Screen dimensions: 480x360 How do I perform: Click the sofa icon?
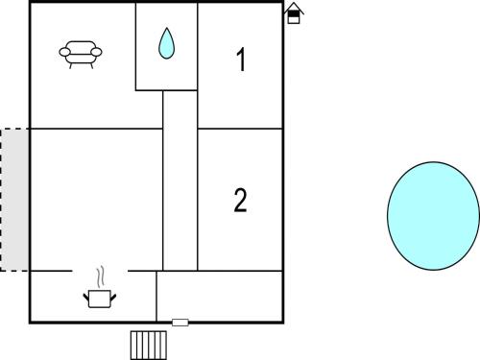coord(81,54)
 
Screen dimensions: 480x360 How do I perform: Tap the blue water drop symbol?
coord(166,43)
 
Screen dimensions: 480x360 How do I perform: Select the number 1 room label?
coord(241,60)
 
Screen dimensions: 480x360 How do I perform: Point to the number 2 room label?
coord(240,200)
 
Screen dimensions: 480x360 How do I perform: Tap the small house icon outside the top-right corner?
coord(294,13)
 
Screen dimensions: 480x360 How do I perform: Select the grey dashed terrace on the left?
coord(14,199)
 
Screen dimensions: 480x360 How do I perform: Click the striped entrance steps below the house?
coord(149,344)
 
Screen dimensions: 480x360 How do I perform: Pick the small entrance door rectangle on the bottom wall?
coord(180,323)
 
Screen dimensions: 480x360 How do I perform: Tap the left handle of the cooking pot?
coord(87,297)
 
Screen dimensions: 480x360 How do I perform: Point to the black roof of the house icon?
coord(294,9)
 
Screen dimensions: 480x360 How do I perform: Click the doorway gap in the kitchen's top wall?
coord(100,271)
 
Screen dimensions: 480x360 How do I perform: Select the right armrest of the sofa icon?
coord(99,54)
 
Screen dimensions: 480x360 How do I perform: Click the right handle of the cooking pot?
coord(112,297)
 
